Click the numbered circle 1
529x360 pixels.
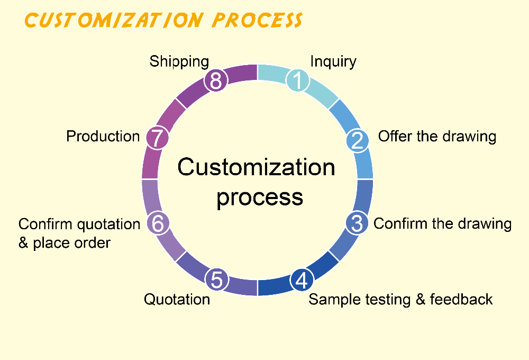[297, 80]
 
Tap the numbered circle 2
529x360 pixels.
[358, 140]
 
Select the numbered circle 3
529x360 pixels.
[357, 223]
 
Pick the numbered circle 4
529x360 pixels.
[302, 280]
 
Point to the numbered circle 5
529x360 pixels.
[216, 280]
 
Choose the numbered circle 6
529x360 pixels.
[158, 223]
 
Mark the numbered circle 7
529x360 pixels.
[157, 138]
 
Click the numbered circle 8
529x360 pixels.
[216, 80]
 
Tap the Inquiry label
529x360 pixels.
[333, 62]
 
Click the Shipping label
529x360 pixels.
[179, 62]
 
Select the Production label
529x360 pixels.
[103, 137]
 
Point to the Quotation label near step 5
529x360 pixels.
[177, 300]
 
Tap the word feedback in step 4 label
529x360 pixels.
[461, 299]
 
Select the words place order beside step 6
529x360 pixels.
[71, 243]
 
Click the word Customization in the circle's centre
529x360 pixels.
[256, 167]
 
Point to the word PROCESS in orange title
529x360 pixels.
[257, 20]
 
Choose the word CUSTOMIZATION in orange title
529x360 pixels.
[114, 20]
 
